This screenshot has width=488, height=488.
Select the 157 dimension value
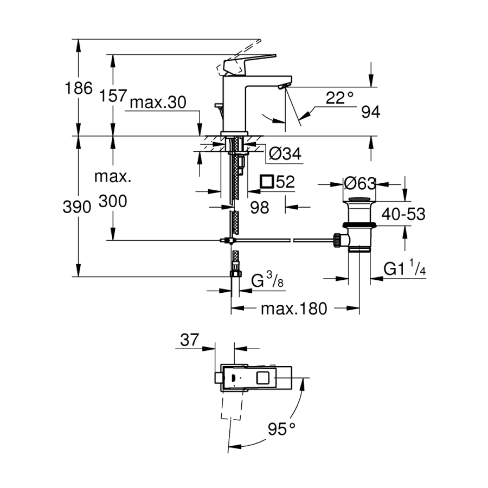tap(113, 96)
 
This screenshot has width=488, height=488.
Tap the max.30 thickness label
tap(157, 102)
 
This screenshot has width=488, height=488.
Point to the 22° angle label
tap(339, 98)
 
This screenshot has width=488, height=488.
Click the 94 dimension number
tap(370, 112)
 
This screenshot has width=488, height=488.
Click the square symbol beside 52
tap(267, 182)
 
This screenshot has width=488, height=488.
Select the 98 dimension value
tap(260, 207)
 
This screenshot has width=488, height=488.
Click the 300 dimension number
tap(113, 202)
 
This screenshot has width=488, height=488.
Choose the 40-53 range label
tap(403, 214)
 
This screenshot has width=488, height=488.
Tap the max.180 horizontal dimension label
tap(294, 309)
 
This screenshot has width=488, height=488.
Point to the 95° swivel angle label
tap(281, 429)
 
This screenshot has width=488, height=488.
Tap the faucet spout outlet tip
tap(282, 86)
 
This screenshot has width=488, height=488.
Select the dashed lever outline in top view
tap(230, 404)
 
